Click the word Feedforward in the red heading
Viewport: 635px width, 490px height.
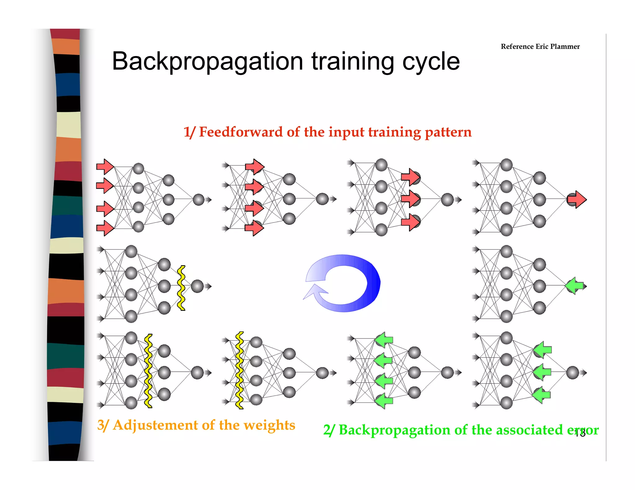pos(241,132)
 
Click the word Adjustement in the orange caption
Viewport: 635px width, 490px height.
pos(155,425)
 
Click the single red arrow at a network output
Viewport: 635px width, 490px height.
pos(577,199)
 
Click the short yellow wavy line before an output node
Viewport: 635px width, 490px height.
pos(181,288)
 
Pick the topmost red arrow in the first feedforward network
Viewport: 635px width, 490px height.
pos(105,167)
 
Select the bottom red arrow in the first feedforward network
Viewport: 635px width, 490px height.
pos(105,228)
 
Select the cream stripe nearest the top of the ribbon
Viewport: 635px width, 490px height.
pos(69,125)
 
